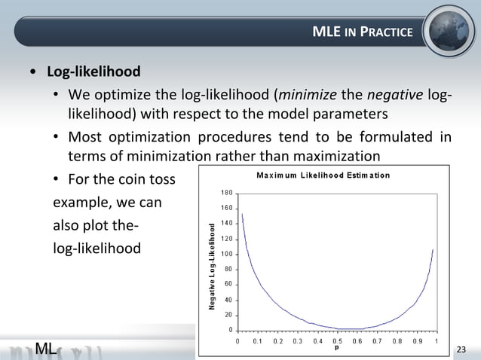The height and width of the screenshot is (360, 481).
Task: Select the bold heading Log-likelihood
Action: click(x=93, y=73)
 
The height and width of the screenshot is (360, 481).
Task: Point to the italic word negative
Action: click(x=395, y=95)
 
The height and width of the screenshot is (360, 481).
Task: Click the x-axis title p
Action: click(x=336, y=349)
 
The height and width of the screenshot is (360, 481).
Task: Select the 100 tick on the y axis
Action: click(x=226, y=254)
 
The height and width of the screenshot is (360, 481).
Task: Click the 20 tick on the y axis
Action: click(x=228, y=315)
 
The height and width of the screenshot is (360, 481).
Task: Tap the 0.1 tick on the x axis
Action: click(x=258, y=341)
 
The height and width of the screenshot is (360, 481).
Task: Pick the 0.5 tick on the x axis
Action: click(x=337, y=341)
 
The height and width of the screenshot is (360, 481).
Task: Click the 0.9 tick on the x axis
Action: click(x=417, y=341)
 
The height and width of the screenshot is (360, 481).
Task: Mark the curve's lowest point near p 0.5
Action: click(x=347, y=329)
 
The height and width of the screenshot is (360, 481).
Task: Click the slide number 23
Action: click(x=462, y=348)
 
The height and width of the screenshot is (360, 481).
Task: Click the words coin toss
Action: click(x=151, y=181)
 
